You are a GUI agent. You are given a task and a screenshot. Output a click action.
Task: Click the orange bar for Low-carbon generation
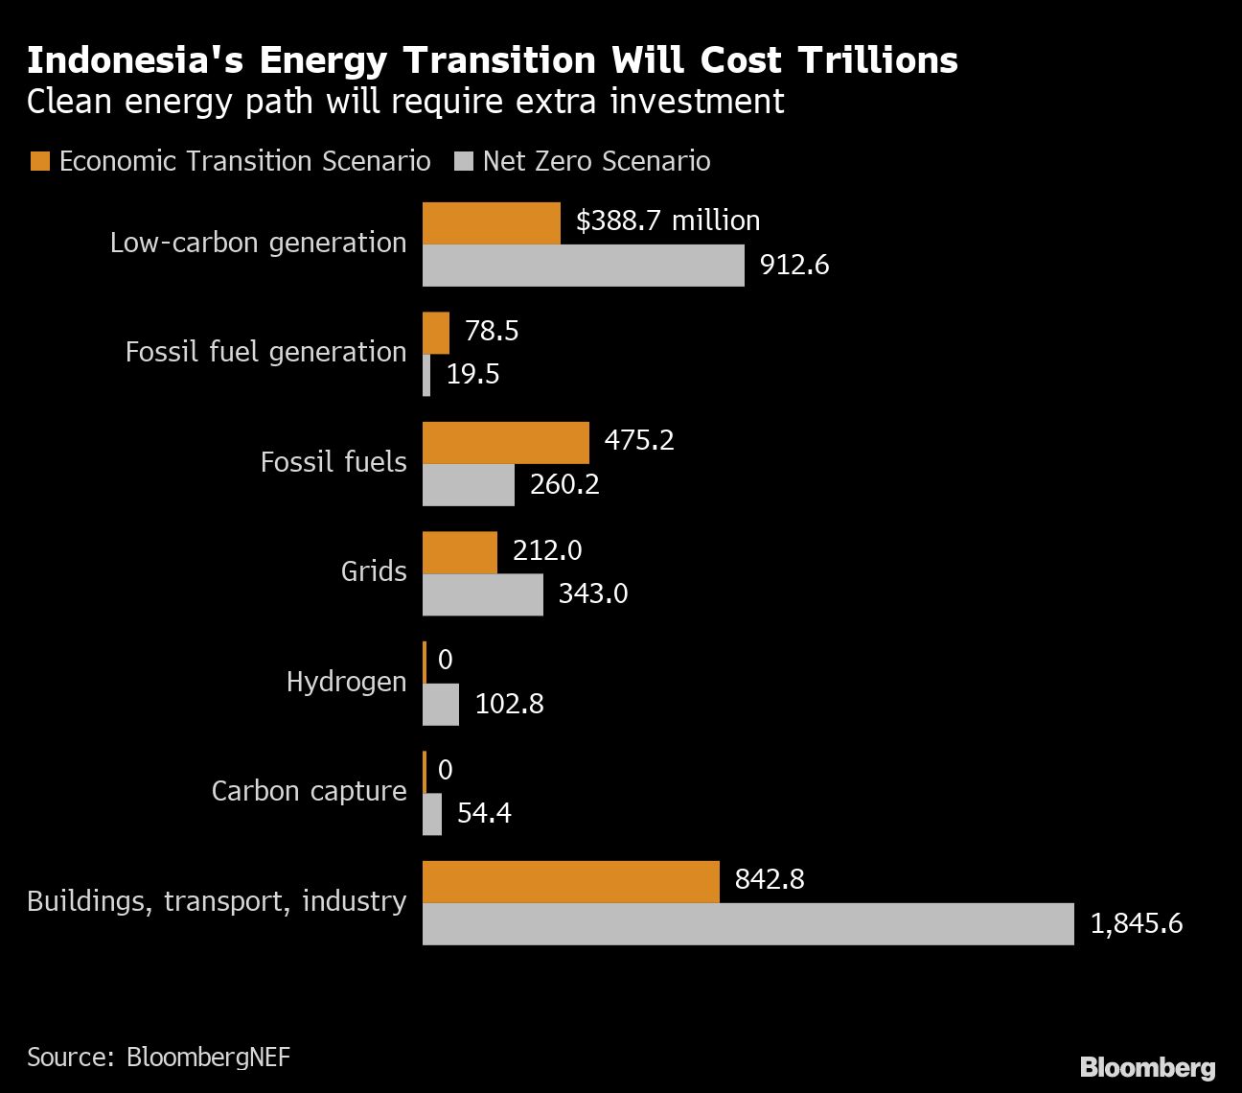492,223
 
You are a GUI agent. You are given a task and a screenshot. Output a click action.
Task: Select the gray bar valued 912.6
583,266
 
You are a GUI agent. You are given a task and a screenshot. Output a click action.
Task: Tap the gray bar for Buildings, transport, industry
747,924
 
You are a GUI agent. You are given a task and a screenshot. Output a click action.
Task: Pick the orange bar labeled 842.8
570,882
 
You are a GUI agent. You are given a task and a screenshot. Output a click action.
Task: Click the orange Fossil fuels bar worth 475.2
506,443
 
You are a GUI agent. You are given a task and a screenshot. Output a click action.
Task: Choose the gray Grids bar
483,594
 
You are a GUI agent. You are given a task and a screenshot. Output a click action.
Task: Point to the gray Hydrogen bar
441,705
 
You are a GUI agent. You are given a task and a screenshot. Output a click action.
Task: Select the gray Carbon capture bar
432,814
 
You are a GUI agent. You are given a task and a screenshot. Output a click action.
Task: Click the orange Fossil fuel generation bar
436,333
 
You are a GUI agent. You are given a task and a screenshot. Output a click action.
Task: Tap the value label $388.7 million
668,221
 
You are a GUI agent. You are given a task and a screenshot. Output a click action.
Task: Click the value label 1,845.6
1137,924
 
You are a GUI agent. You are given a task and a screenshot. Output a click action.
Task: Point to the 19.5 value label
472,374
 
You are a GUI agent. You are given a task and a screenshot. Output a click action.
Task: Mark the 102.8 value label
509,705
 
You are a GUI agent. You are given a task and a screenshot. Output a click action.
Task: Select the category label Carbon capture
309,791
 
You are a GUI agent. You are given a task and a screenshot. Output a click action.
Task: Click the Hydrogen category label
346,682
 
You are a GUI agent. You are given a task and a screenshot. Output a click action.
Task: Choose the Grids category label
374,571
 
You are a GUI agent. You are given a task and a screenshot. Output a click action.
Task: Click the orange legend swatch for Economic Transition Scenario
39,161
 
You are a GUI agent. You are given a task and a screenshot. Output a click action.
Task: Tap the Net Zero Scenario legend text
596,161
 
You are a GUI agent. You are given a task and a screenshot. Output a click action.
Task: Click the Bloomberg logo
1147,1067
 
